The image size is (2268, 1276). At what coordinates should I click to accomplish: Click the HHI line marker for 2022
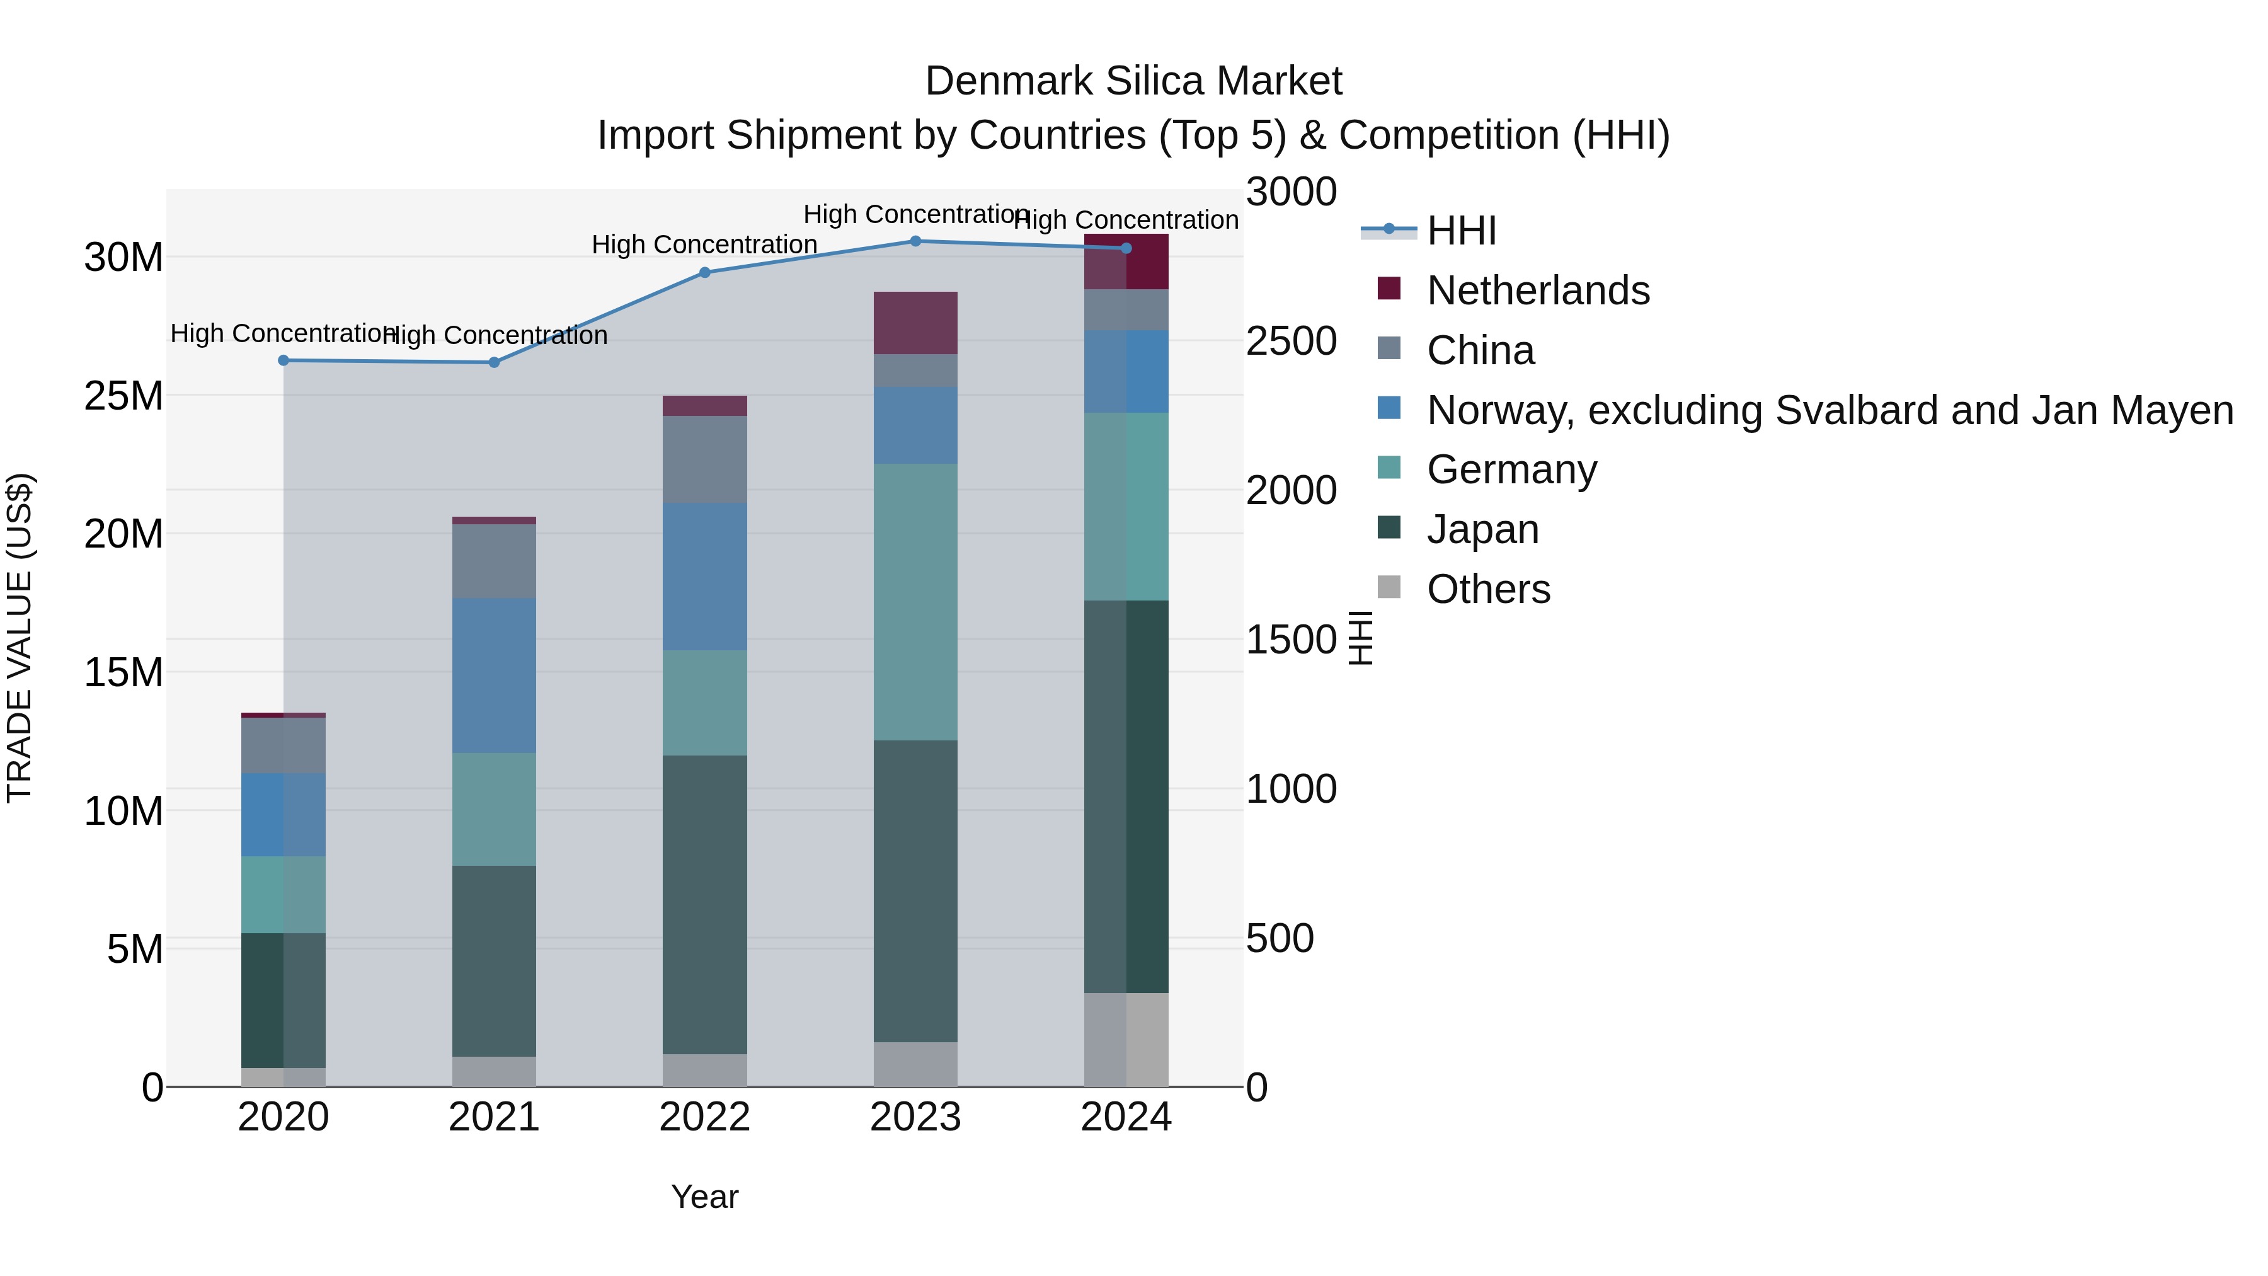coord(704,273)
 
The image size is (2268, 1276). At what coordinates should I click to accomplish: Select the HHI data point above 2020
coord(283,360)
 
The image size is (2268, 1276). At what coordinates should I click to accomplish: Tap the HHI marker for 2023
coord(915,241)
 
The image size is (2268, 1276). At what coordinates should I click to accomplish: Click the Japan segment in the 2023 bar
coord(915,891)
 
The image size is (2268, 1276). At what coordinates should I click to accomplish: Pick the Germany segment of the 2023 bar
coord(915,602)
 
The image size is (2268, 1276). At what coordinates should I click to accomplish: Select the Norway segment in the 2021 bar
coord(494,675)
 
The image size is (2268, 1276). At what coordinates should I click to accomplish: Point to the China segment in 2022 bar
coord(704,459)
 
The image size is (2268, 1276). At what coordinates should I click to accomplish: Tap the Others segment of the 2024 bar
coord(1126,1040)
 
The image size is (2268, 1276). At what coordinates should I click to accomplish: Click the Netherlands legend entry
coord(1537,290)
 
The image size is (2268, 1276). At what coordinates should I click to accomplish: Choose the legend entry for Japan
coord(1482,529)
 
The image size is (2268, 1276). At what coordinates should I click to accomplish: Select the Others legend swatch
coord(1389,587)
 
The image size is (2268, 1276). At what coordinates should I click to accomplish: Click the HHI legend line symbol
coord(1389,230)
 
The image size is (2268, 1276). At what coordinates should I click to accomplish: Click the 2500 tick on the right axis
coord(1291,342)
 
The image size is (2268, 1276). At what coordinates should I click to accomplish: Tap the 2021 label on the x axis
coord(494,1117)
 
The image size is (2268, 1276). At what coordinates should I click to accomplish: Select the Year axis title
coord(704,1197)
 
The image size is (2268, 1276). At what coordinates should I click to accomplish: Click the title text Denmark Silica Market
coord(1133,81)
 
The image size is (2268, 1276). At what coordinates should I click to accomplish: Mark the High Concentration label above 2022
coord(704,245)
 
